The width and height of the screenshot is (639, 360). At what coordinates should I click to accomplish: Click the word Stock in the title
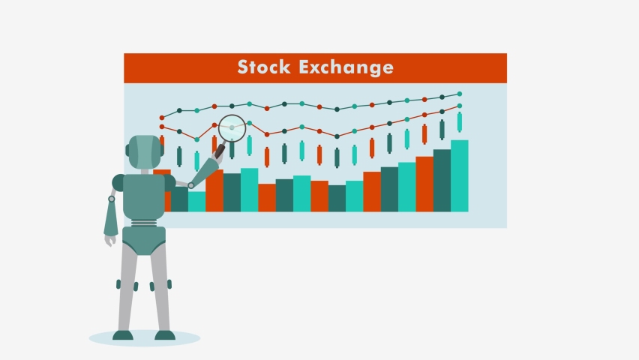point(265,67)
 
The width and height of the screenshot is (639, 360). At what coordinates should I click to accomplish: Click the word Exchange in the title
point(346,67)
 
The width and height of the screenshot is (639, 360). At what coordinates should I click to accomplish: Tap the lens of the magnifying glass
point(232,128)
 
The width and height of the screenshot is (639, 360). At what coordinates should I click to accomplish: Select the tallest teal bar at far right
point(460,175)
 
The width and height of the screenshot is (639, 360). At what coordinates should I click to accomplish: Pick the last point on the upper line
point(460,94)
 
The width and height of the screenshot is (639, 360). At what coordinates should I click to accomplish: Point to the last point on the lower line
point(460,106)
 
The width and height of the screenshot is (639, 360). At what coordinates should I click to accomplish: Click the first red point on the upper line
point(161,118)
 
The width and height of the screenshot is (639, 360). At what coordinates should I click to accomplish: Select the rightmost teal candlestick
point(460,121)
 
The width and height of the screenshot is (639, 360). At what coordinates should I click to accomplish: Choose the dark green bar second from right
point(442,180)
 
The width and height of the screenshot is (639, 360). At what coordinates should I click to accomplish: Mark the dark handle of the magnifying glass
point(220,151)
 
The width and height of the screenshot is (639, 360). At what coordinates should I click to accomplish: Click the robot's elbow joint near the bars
point(191,185)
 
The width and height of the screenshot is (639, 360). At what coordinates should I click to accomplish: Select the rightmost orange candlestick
point(424,133)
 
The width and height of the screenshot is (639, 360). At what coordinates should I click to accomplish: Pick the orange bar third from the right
point(424,184)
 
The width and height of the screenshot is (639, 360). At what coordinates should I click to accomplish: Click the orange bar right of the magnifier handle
point(214,190)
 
